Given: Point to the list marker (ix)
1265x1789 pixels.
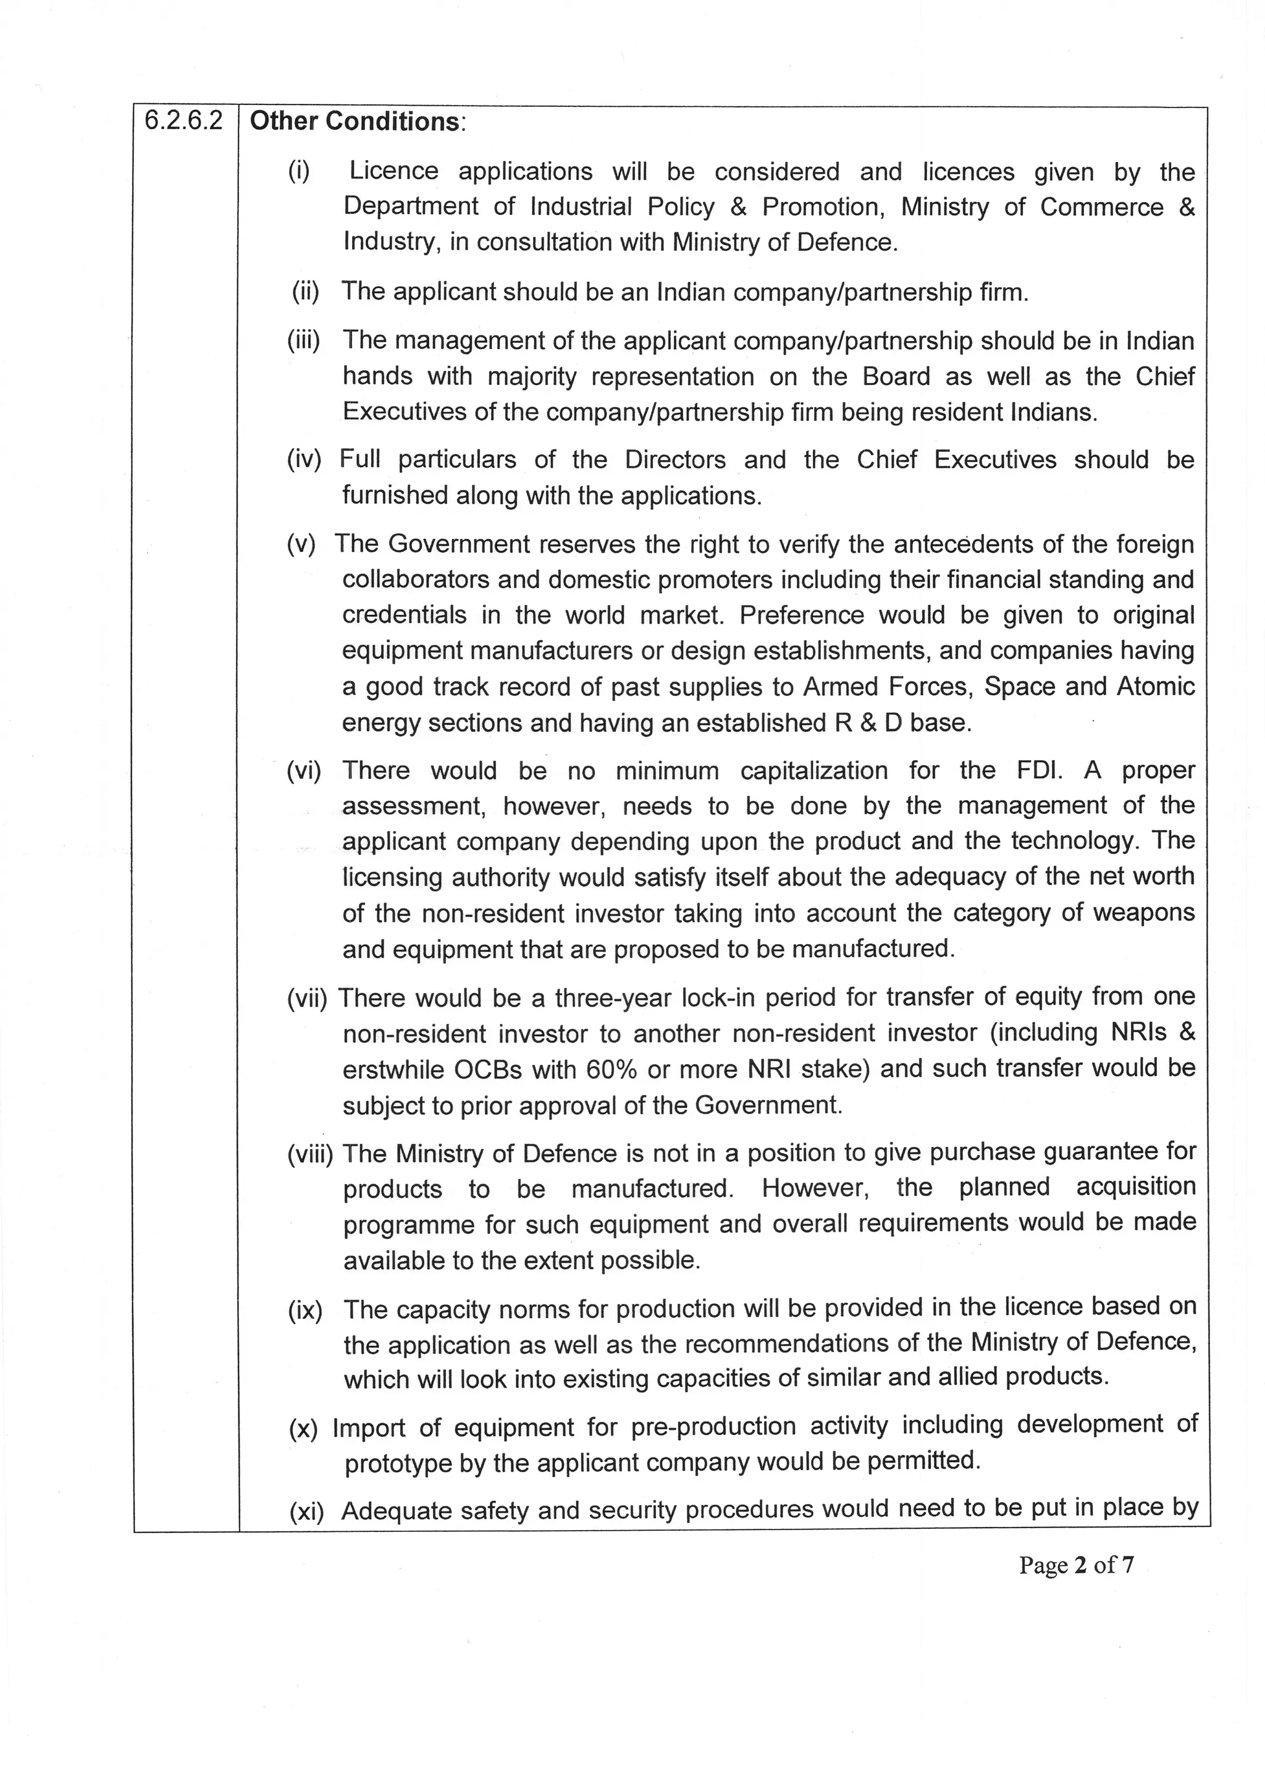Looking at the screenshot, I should coord(305,1311).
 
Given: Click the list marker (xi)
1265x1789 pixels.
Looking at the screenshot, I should coord(306,1512).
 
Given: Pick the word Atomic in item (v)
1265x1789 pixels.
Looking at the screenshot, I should coord(1155,687).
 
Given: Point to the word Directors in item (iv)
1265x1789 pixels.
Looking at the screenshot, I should coord(675,460).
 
